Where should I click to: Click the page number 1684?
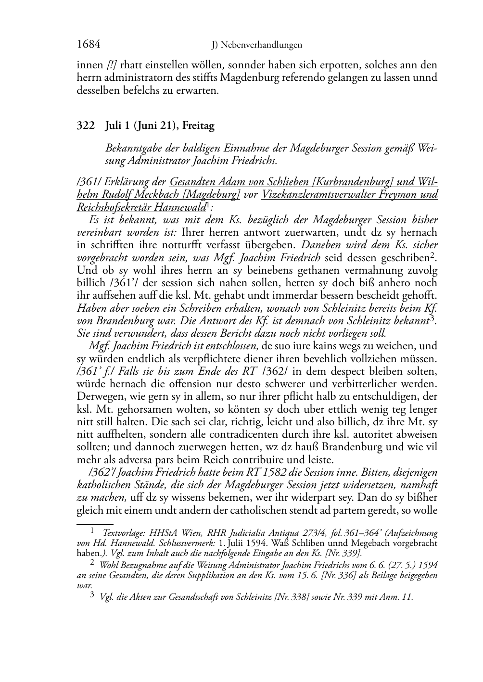(89, 44)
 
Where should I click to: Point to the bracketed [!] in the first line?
(111, 65)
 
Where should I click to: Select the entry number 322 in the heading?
(85, 126)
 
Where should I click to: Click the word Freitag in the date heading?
(198, 126)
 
